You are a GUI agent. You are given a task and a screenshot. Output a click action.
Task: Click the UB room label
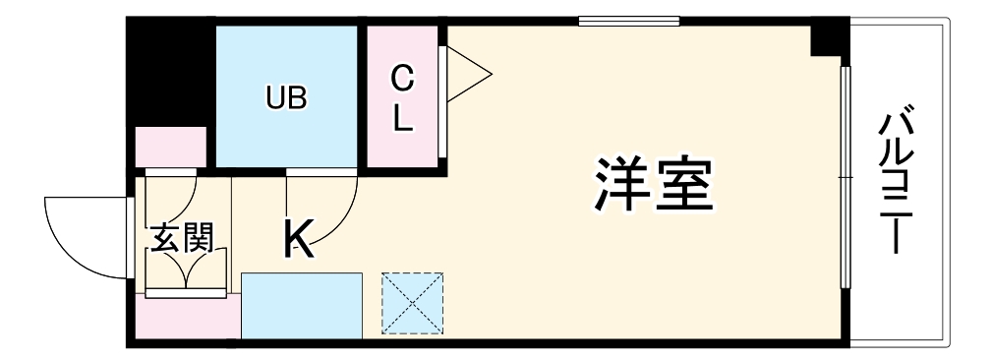[286, 97]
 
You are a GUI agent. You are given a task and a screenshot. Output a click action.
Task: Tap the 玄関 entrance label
[183, 239]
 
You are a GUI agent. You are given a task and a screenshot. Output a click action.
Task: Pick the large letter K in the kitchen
[300, 238]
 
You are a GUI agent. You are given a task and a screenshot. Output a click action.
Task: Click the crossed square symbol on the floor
[413, 303]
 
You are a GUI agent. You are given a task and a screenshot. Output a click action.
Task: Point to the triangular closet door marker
[467, 73]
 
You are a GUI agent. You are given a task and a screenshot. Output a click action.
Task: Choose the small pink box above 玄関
[170, 146]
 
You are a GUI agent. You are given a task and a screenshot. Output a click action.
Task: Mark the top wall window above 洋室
[628, 21]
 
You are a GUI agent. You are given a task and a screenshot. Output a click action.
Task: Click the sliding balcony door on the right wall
[845, 177]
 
